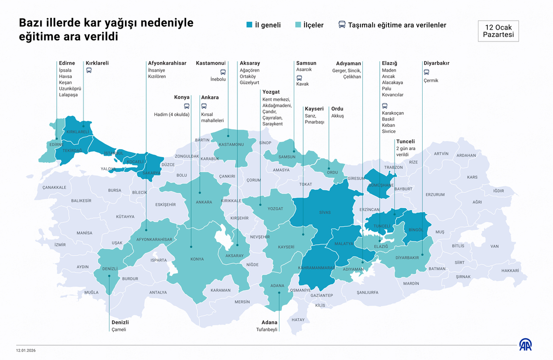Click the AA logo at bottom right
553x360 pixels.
click(x=525, y=345)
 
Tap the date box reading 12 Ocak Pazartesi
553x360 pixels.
click(x=498, y=31)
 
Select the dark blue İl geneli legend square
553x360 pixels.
click(x=249, y=25)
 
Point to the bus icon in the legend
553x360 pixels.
click(x=342, y=25)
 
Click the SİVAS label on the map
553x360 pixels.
click(x=324, y=212)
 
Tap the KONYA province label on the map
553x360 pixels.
click(x=197, y=259)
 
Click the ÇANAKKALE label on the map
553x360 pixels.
click(x=54, y=187)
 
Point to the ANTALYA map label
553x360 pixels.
click(x=158, y=292)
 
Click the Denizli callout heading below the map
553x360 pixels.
click(x=120, y=322)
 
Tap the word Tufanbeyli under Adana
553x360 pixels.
click(x=267, y=329)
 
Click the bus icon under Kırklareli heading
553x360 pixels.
click(x=89, y=70)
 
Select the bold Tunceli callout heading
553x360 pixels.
click(x=405, y=141)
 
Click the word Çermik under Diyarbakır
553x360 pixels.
click(x=431, y=80)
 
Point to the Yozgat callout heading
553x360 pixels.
click(x=271, y=92)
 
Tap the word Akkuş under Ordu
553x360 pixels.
click(x=337, y=116)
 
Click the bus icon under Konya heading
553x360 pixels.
click(x=187, y=106)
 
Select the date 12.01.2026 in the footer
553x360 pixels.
click(x=26, y=351)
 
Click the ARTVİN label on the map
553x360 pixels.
click(x=441, y=154)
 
